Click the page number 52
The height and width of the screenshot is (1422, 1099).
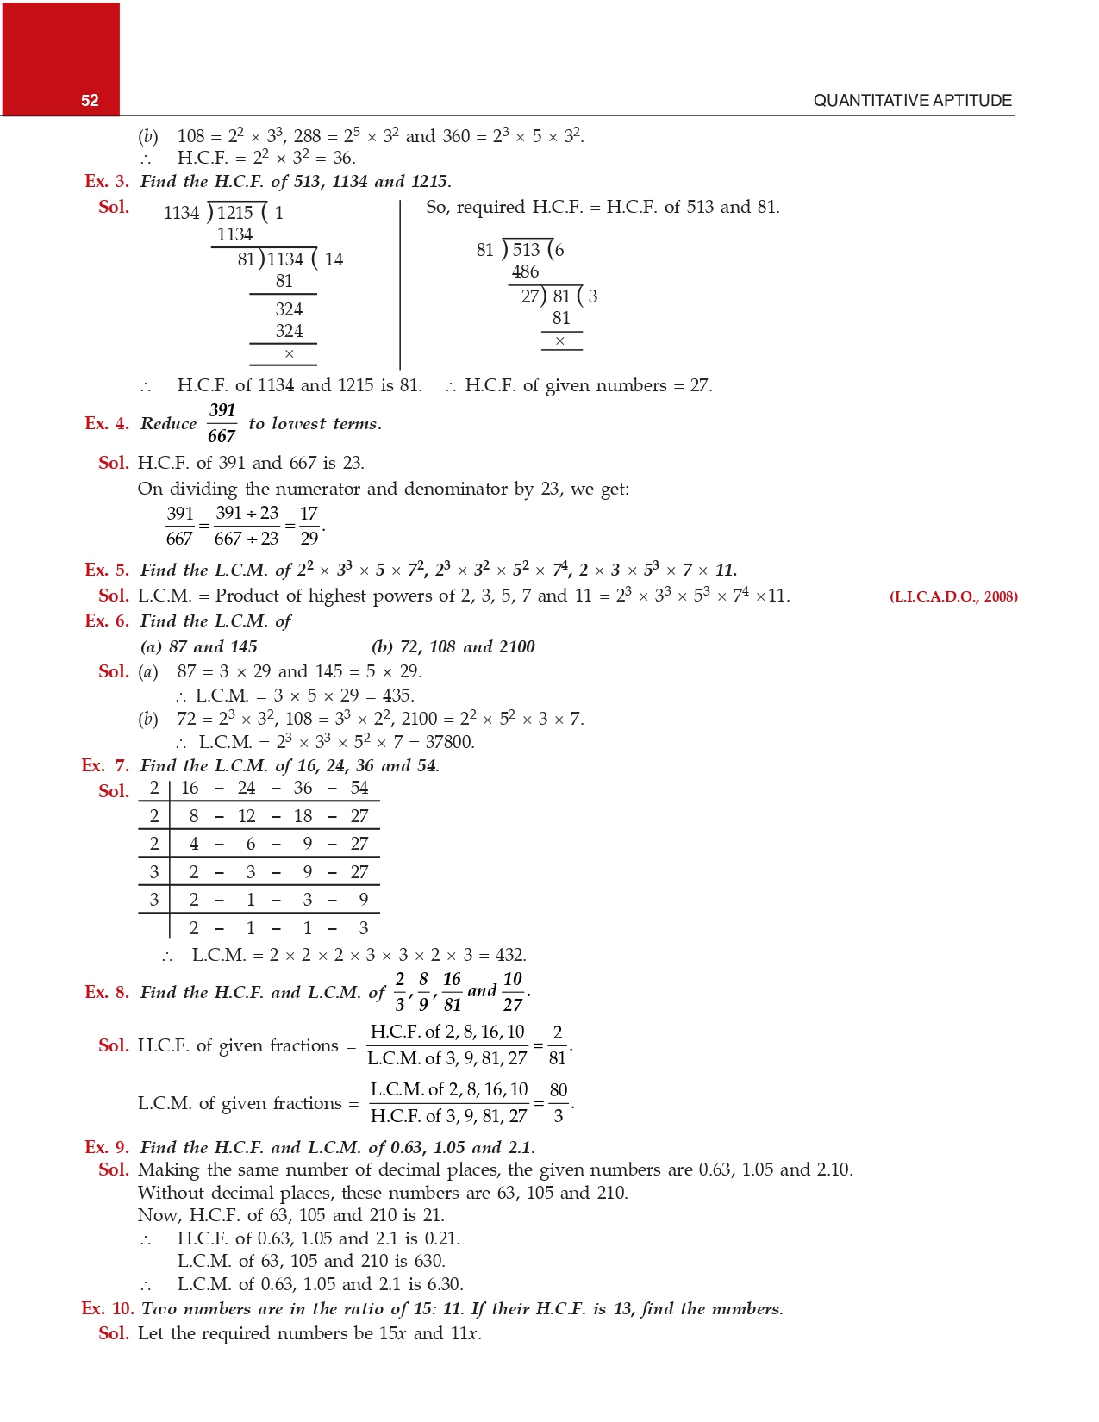click(x=90, y=101)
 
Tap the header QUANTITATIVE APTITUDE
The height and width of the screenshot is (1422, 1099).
click(x=912, y=101)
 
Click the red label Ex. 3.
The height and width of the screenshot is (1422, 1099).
click(x=107, y=182)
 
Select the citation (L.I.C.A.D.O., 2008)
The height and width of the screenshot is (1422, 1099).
click(x=953, y=596)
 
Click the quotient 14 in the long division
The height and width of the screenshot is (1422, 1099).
click(x=334, y=259)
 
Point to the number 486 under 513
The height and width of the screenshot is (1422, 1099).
click(x=525, y=272)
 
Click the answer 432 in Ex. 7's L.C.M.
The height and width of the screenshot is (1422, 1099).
click(x=509, y=955)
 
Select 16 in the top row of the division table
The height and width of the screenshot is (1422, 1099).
click(x=190, y=788)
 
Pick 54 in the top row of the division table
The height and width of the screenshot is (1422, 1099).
click(x=359, y=788)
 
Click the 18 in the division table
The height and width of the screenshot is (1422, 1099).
click(x=303, y=816)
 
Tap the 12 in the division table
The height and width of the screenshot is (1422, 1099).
click(x=247, y=816)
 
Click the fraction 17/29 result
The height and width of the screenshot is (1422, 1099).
click(x=309, y=526)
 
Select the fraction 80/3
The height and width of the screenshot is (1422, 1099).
click(x=559, y=1103)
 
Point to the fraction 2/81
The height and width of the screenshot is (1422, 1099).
click(x=558, y=1045)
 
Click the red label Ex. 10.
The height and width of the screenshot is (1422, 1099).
click(x=108, y=1309)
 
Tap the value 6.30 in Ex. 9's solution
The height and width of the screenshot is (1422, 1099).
click(x=446, y=1284)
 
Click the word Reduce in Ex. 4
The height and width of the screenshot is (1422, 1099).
click(x=168, y=424)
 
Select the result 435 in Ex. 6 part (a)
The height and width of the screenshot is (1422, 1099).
click(x=397, y=695)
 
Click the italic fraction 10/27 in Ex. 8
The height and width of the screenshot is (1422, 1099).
click(x=513, y=992)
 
